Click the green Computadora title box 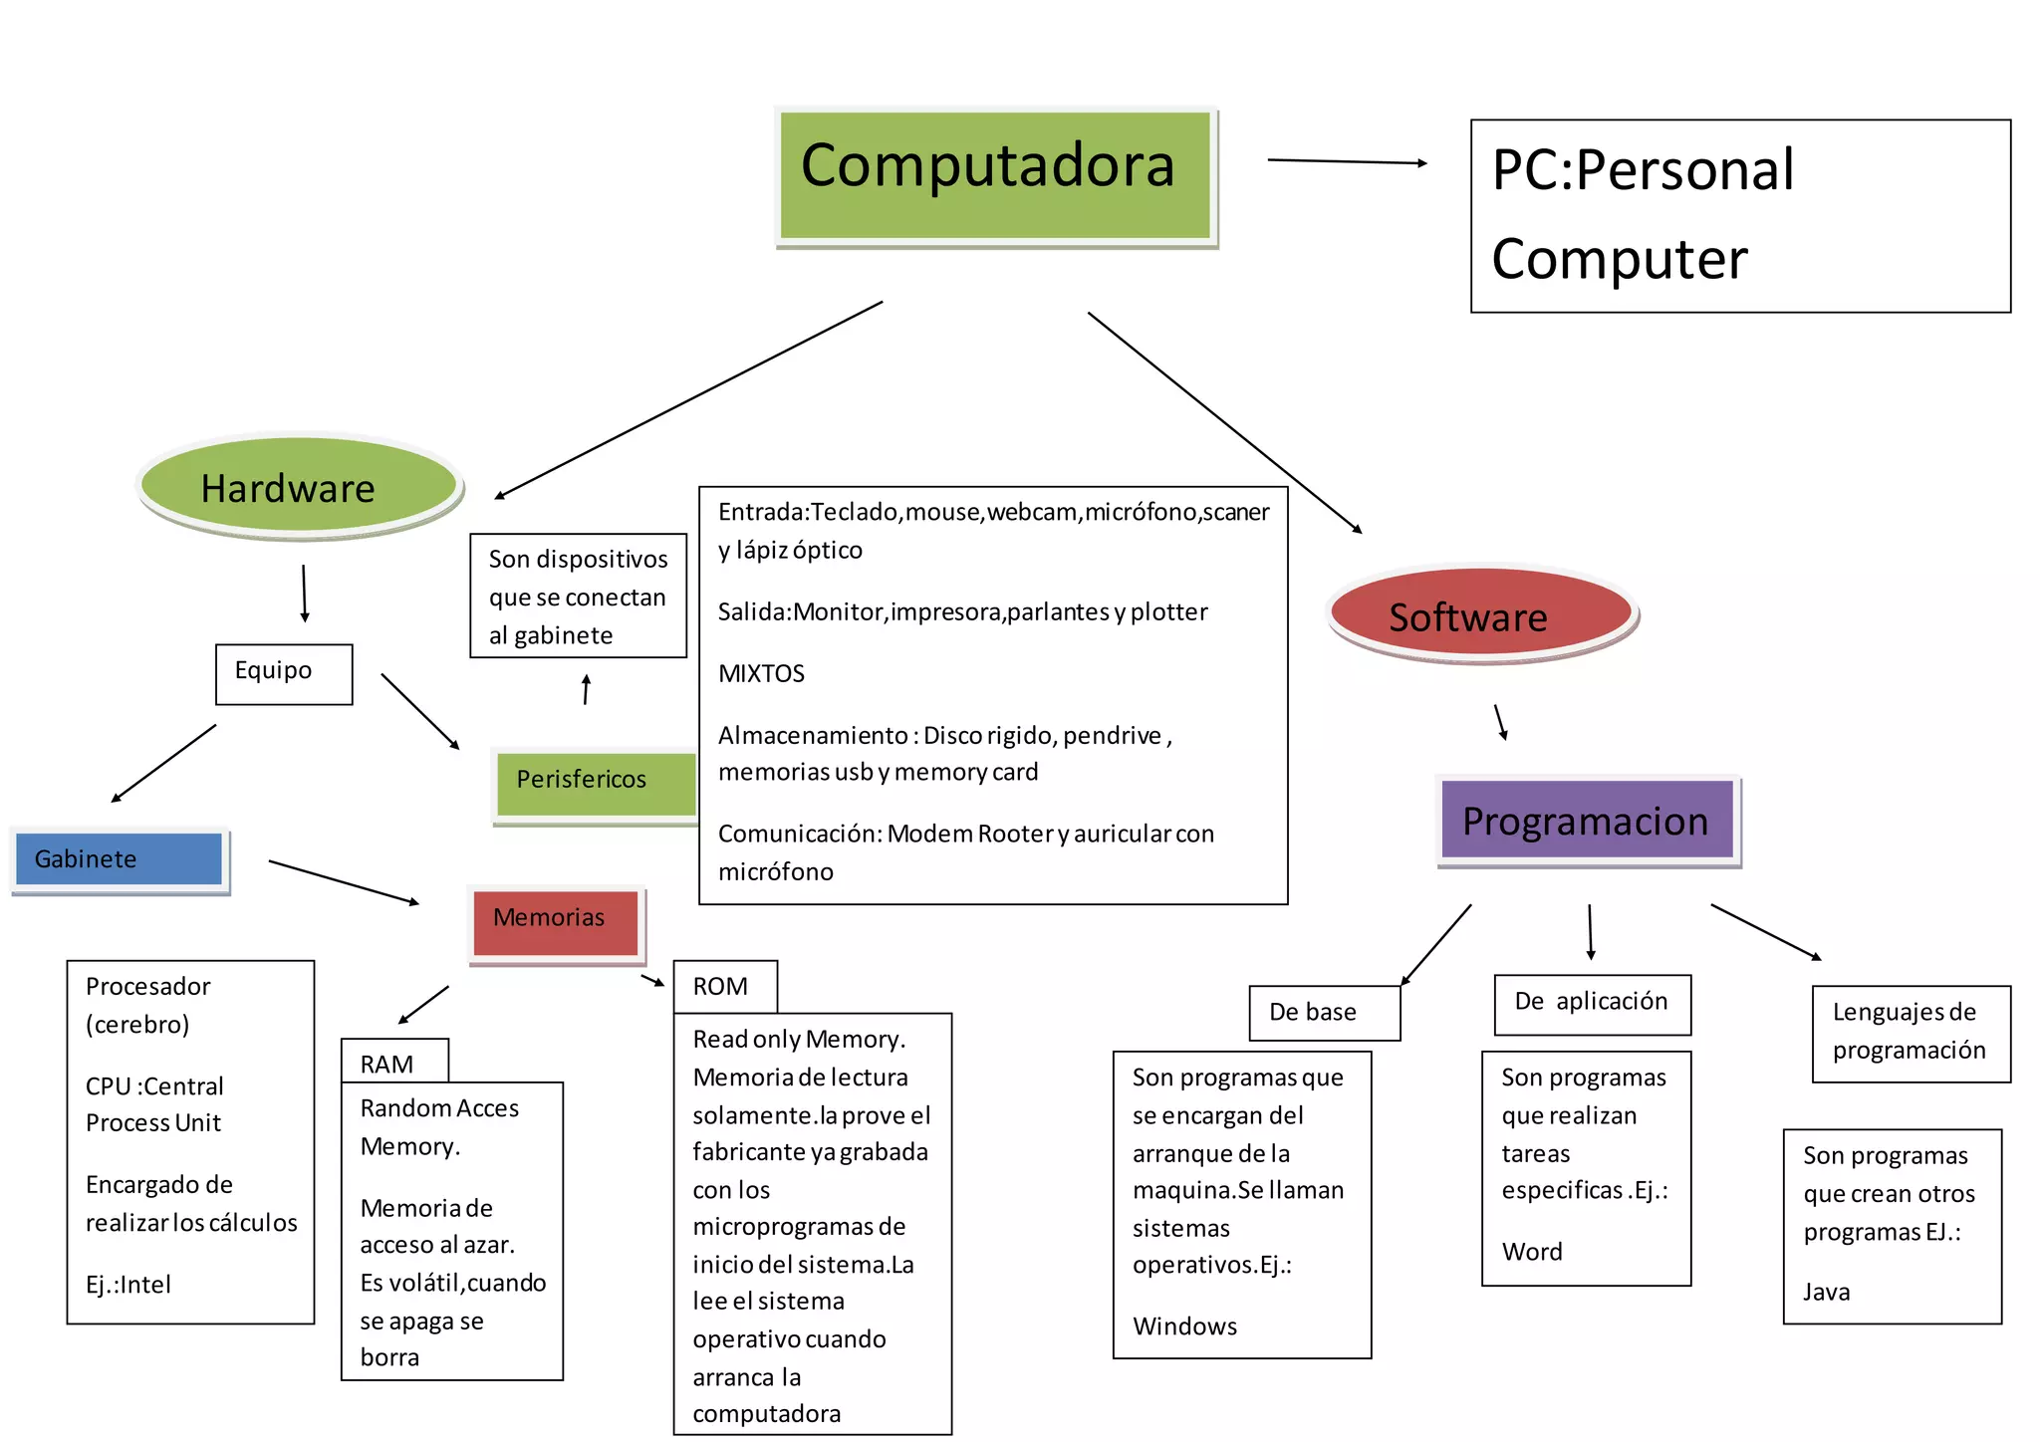click(x=995, y=175)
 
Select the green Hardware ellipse click(x=299, y=486)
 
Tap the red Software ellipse click(x=1481, y=614)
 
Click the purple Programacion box click(x=1587, y=820)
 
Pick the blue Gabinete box click(x=120, y=858)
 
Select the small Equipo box click(x=284, y=673)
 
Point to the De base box click(x=1324, y=1013)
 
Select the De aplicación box click(x=1592, y=1003)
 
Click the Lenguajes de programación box click(x=1910, y=1032)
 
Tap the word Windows click(x=1184, y=1326)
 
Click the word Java click(x=1826, y=1292)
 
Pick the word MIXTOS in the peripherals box click(x=761, y=673)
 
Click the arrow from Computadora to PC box click(x=1346, y=161)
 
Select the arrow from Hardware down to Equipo click(x=305, y=594)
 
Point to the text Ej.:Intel click(x=128, y=1285)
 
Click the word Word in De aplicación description click(x=1532, y=1252)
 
